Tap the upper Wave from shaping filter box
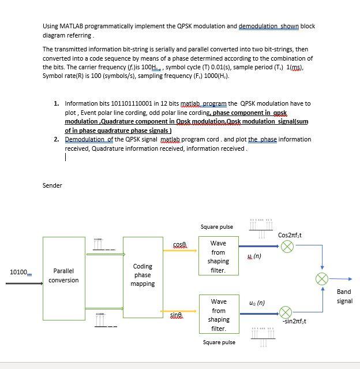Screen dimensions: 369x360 coord(218,256)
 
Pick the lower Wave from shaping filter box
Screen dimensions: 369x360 coord(218,314)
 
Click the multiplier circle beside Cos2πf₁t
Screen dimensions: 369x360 coord(287,247)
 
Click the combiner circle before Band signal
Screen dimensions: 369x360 coord(321,279)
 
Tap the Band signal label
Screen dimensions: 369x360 coord(344,296)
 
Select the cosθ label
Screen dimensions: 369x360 coord(180,245)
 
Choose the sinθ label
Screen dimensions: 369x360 coord(177,314)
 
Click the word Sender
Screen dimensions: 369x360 coord(52,185)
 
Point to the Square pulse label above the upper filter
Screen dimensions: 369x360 coord(217,227)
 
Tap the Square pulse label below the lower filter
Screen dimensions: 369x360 coord(219,342)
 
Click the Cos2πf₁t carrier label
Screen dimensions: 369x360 coord(290,235)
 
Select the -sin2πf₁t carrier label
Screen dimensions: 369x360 coord(295,321)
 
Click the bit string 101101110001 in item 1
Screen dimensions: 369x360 coord(125,103)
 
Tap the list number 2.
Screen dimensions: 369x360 coord(56,139)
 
